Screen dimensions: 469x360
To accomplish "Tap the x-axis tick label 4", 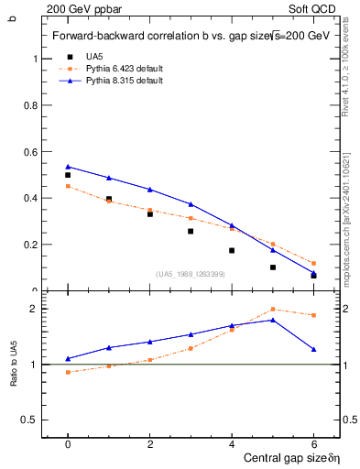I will [x=232, y=443].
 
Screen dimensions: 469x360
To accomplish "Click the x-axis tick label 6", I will [x=313, y=443].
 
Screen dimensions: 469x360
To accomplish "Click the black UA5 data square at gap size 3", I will [x=191, y=231].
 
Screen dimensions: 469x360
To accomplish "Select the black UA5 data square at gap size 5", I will [x=273, y=267].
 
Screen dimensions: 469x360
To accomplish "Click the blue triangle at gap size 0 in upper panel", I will [x=68, y=167].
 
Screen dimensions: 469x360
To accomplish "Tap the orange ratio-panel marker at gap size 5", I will [x=273, y=310].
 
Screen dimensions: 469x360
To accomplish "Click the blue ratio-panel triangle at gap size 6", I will [x=313, y=349].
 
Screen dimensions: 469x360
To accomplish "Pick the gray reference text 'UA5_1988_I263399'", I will [x=191, y=274].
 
